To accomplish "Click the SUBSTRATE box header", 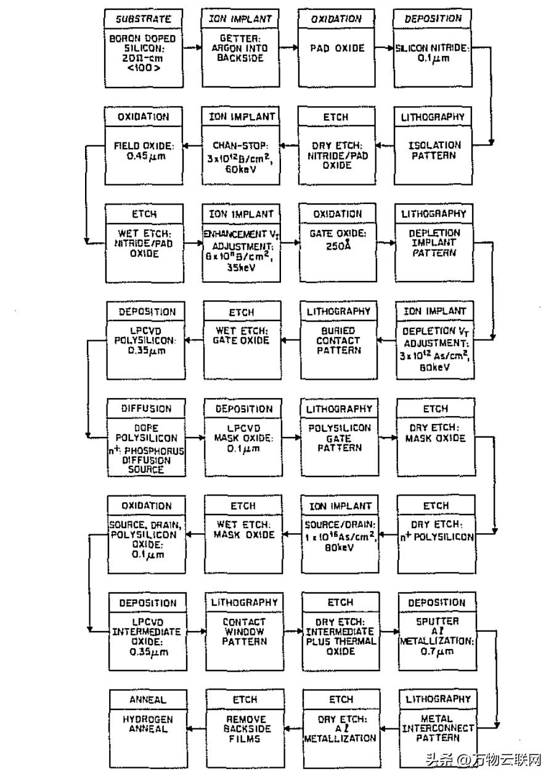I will coord(144,19).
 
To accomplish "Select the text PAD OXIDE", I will coord(337,48).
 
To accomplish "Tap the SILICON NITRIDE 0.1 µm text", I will coord(433,53).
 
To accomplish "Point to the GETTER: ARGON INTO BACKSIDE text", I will coord(240,48).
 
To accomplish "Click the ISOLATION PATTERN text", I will coord(434,150).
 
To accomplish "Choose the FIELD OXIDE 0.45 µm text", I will coord(144,150).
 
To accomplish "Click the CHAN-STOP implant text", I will coord(240,155).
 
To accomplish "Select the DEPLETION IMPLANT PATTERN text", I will coord(434,243).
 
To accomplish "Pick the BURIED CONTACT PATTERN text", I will coord(338,340).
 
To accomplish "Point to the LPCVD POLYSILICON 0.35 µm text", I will coord(145,340).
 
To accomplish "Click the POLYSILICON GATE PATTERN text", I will coord(339,438).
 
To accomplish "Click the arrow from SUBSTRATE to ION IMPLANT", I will coord(190,48).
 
